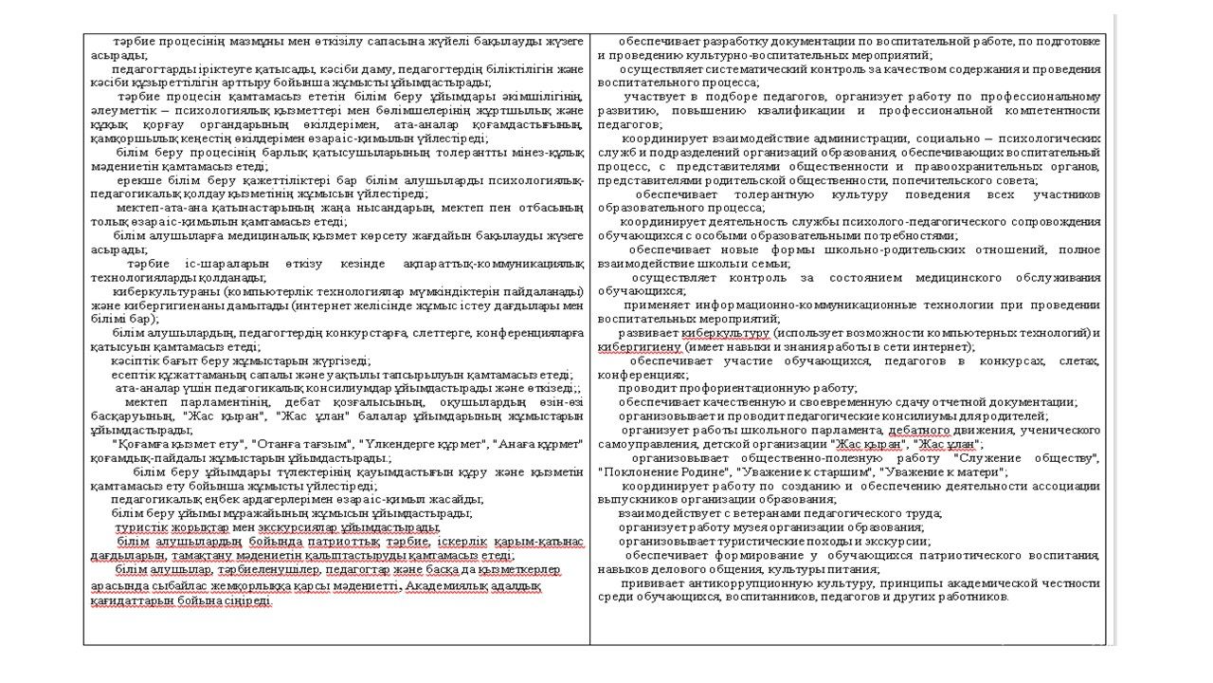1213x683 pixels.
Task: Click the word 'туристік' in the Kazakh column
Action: tap(138, 527)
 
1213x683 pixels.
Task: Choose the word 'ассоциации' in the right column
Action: tap(1071, 486)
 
